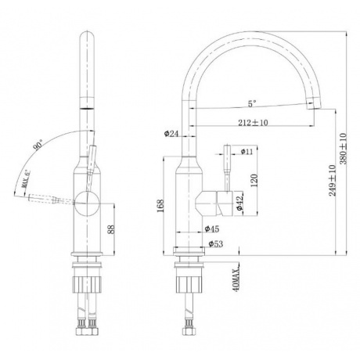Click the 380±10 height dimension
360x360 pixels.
coord(343,149)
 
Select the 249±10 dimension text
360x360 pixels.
coord(332,180)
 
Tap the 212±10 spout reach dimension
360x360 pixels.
coord(253,122)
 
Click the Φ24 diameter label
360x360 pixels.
coord(171,134)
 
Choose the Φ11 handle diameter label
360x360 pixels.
coord(247,151)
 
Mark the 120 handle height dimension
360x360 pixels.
coord(254,180)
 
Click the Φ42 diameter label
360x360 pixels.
coord(239,203)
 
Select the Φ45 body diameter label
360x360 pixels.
coord(212,229)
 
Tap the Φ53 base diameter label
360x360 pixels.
coord(216,244)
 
